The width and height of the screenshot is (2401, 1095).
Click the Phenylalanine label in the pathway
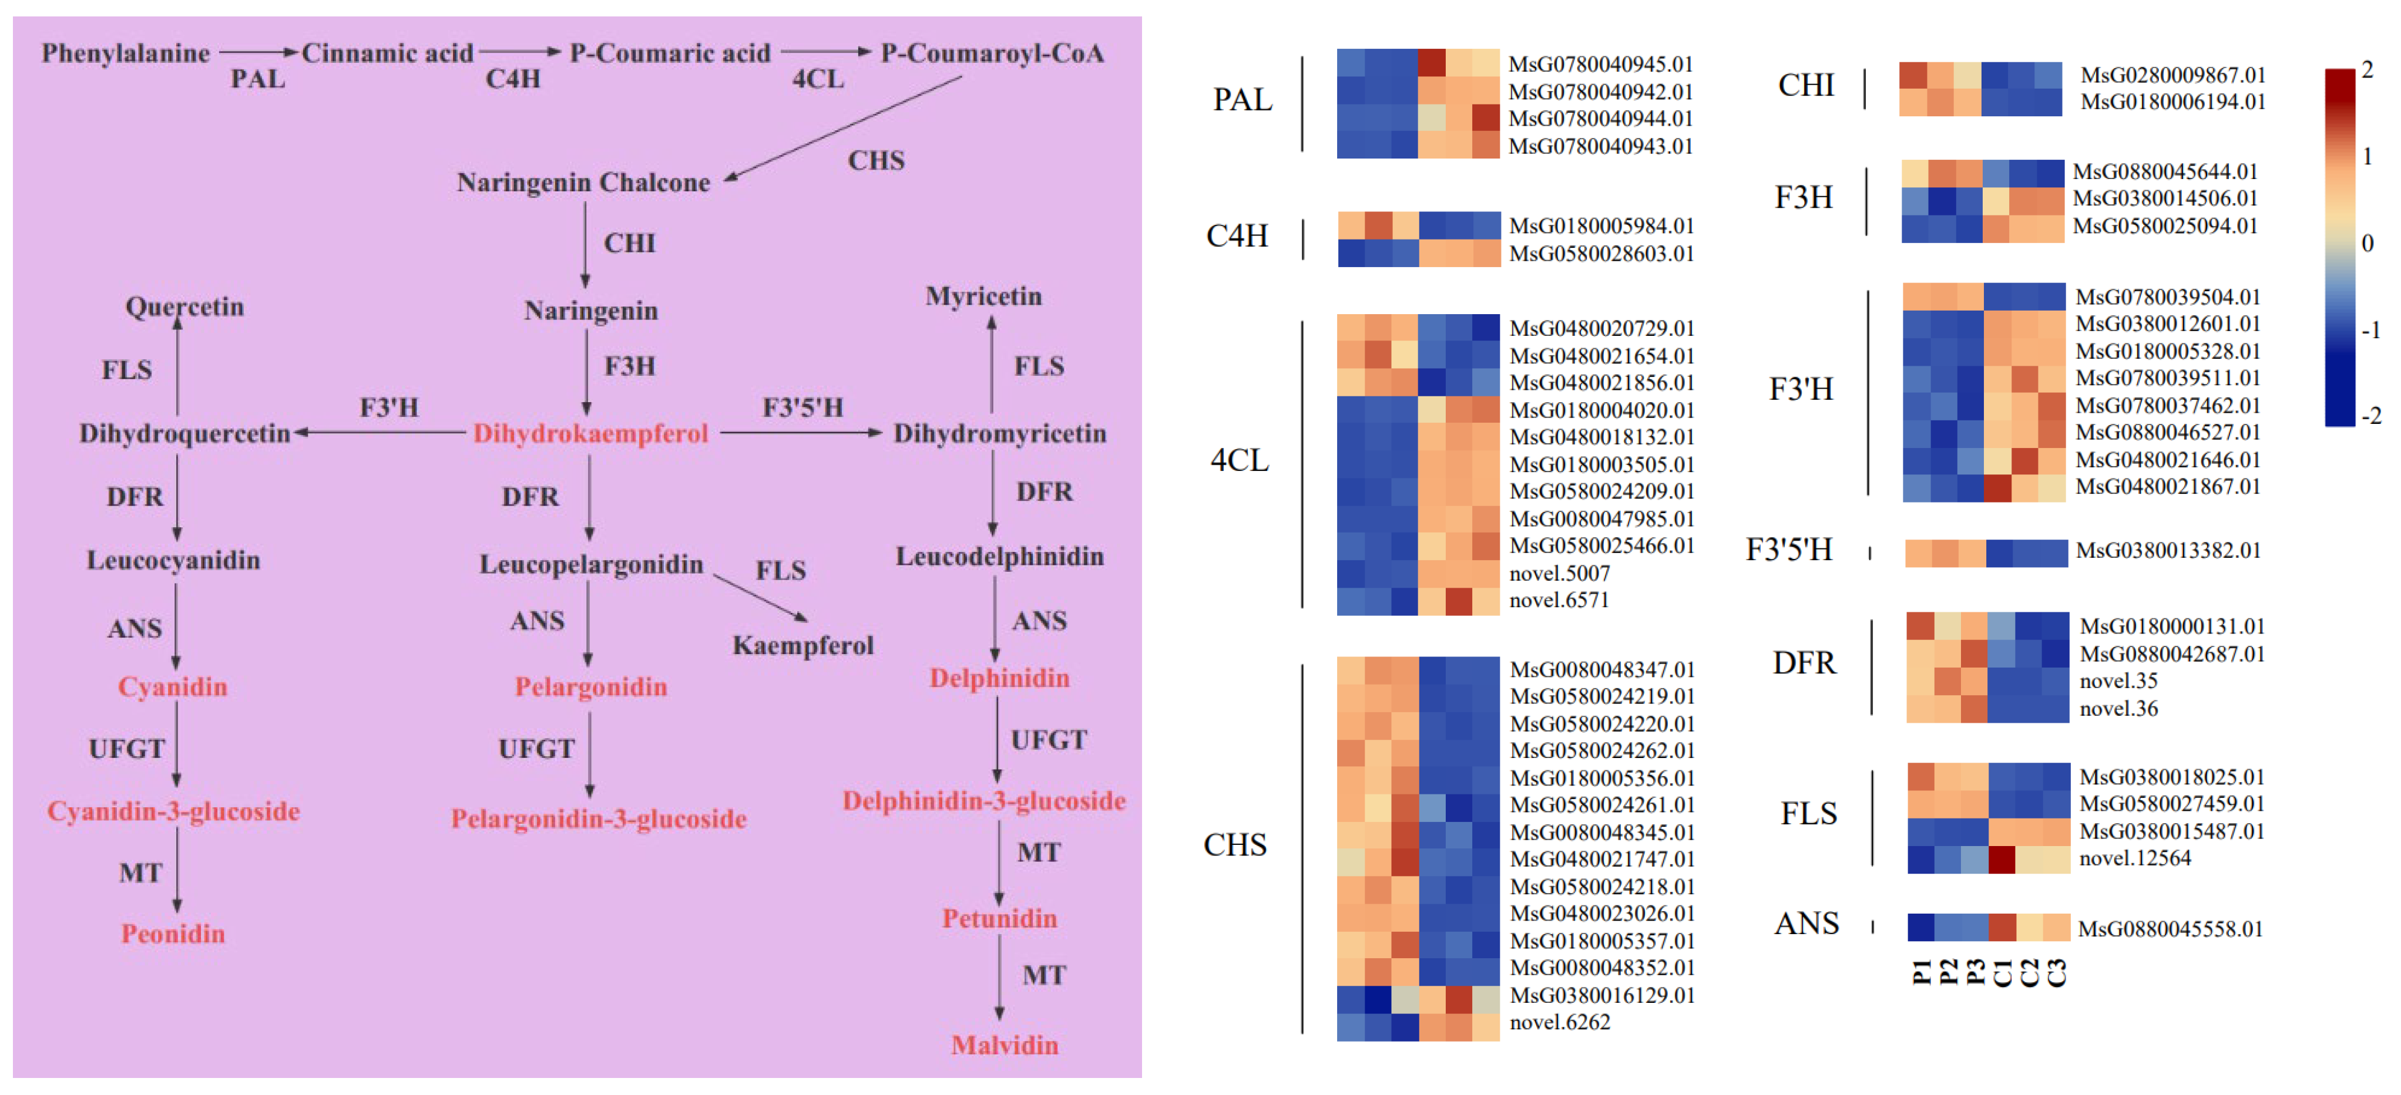126,53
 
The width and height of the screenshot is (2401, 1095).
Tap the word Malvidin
1004,1045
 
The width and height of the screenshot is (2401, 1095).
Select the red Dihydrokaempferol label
590,433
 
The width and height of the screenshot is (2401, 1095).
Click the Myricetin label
983,297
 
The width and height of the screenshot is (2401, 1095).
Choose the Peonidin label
173,934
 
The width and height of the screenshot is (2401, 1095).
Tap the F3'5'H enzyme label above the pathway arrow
802,407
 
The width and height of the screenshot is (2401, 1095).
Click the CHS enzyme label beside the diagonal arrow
875,160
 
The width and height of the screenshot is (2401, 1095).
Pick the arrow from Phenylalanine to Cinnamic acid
258,52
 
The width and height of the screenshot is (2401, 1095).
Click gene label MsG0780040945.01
1600,65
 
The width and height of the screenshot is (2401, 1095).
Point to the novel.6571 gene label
1559,600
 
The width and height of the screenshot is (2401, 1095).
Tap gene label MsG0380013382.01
2167,551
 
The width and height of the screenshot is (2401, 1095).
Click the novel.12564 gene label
2134,858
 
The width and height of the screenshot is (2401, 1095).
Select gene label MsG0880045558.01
2170,929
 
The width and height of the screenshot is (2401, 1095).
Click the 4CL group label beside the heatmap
1239,460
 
